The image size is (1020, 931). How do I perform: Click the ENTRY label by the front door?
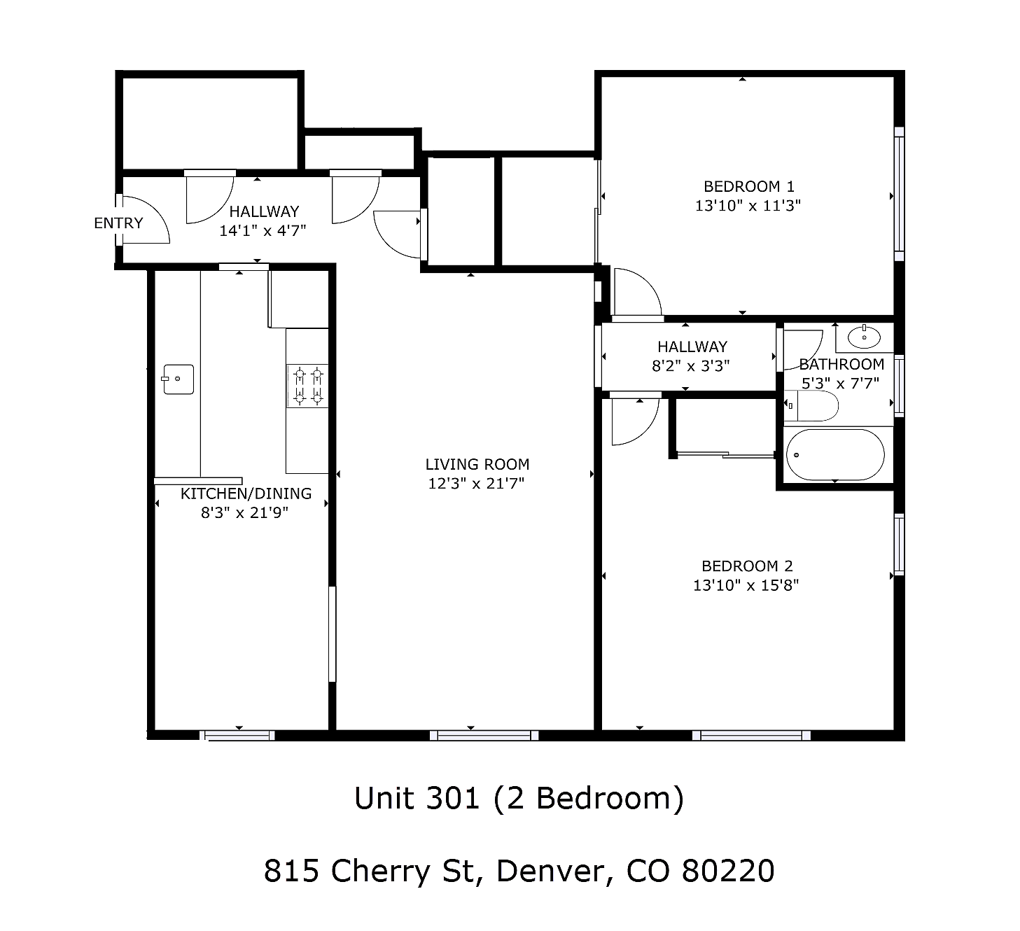click(x=118, y=223)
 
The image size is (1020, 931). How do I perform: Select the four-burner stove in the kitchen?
click(x=307, y=386)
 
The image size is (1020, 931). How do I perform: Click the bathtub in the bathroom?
click(x=835, y=454)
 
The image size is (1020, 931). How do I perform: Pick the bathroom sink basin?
click(x=864, y=337)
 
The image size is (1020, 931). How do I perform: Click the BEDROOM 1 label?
click(x=748, y=187)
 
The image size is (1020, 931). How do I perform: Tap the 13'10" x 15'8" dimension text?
click(x=746, y=585)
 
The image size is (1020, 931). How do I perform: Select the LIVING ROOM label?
click(x=477, y=464)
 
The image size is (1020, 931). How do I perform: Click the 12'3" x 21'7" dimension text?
click(x=476, y=483)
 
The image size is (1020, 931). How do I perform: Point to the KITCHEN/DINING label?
click(x=246, y=493)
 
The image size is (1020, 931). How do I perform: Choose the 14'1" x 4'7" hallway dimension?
click(x=263, y=231)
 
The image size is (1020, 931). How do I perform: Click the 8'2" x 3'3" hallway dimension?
click(x=690, y=366)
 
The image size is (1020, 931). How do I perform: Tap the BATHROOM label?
click(x=841, y=364)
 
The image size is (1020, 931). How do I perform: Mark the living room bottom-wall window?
click(x=484, y=735)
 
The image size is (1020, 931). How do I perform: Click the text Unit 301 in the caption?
click(x=417, y=798)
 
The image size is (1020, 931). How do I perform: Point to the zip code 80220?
click(x=727, y=871)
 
